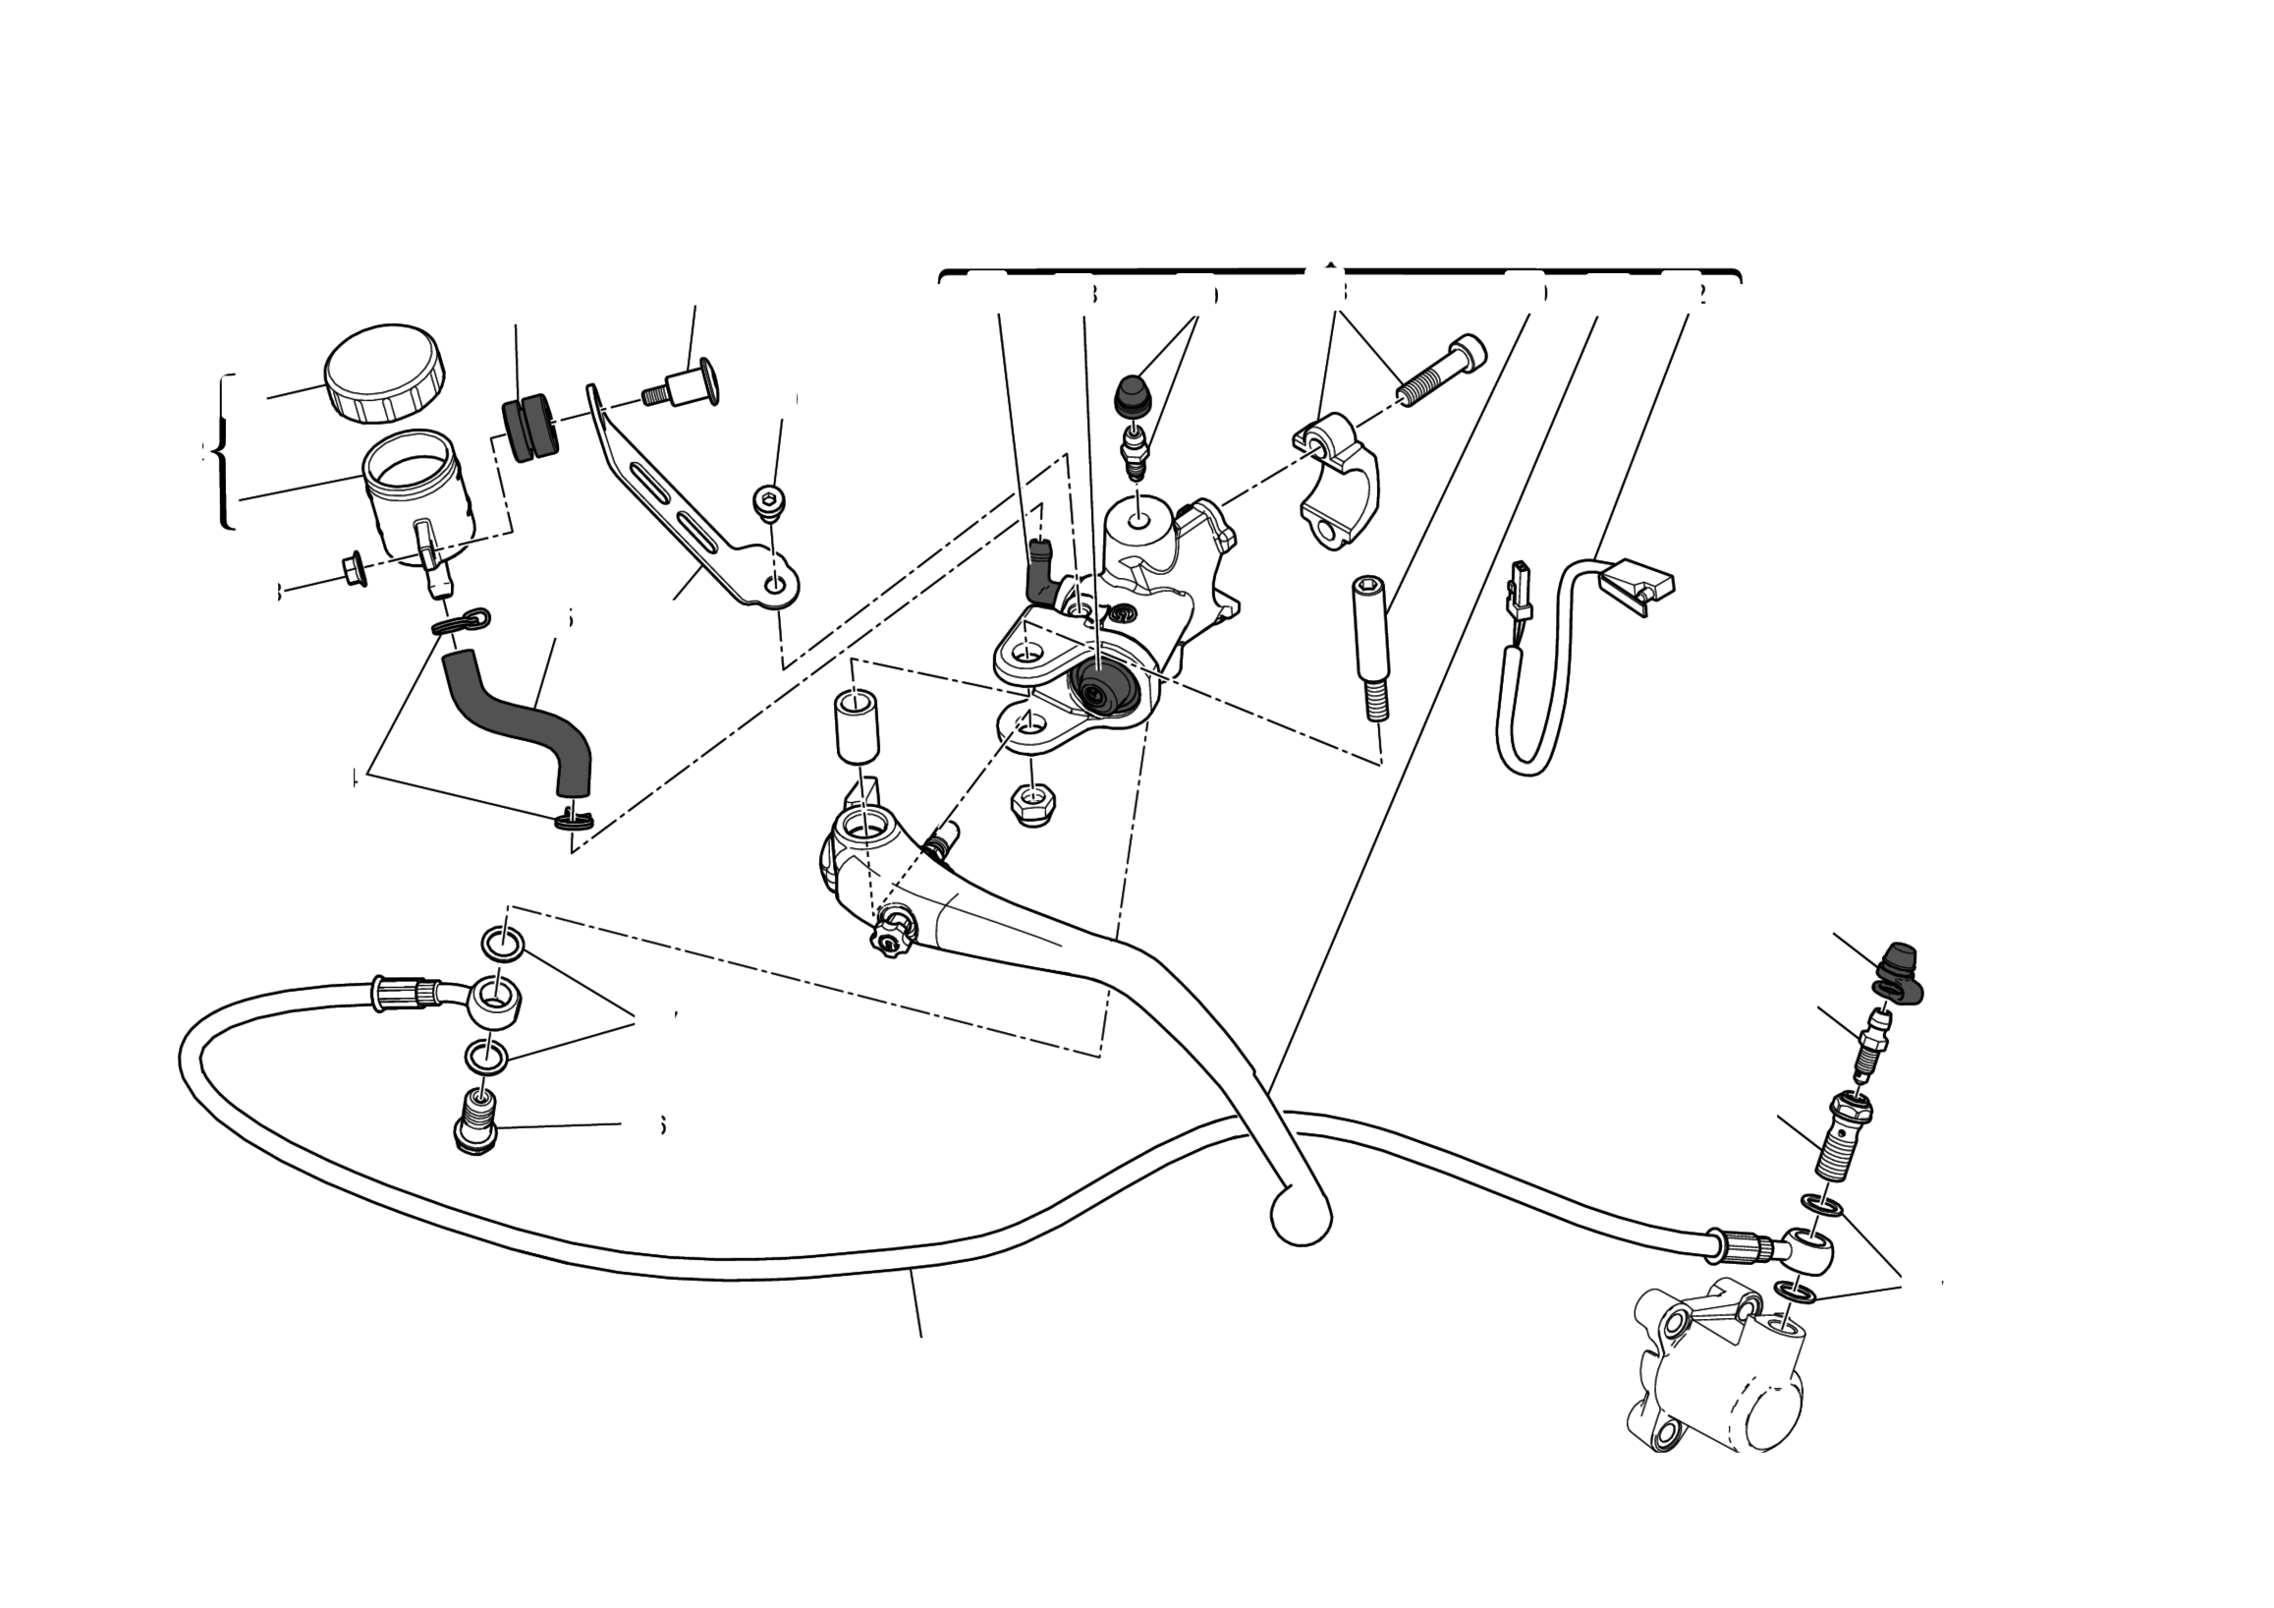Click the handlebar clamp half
[1337, 481]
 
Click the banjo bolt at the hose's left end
[476, 1123]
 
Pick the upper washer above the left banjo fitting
[503, 944]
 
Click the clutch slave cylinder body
[1723, 1377]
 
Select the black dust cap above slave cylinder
[1898, 972]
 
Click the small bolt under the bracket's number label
[768, 502]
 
